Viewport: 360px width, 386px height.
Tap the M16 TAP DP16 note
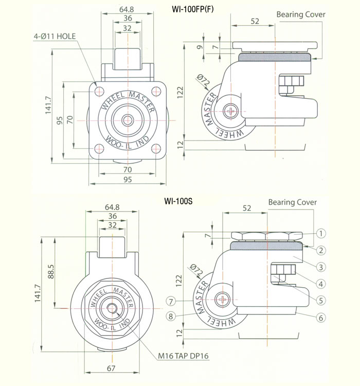184,355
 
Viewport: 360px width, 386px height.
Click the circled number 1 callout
320,233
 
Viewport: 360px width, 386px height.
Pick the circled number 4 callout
320,284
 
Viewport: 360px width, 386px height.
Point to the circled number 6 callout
320,318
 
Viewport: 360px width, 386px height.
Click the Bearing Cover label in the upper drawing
301,14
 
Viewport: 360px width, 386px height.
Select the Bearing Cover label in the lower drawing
293,202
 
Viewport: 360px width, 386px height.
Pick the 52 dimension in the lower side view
247,208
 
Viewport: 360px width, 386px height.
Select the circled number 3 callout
320,267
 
